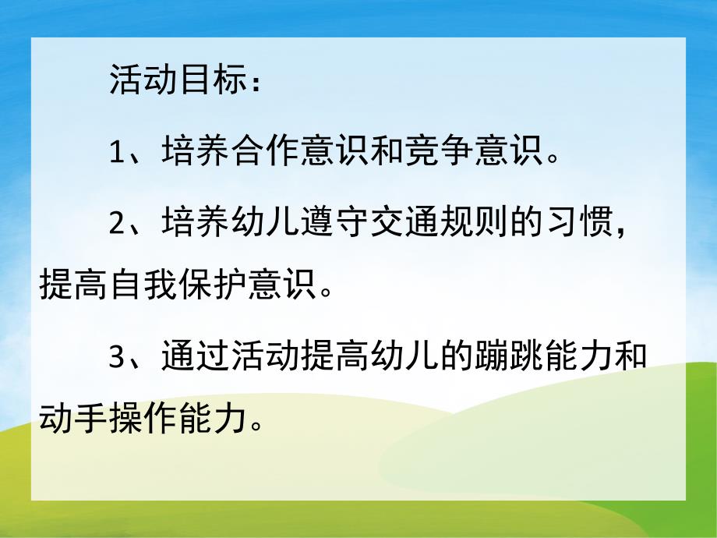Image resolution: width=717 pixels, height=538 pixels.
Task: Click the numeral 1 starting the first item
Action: (x=116, y=153)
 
